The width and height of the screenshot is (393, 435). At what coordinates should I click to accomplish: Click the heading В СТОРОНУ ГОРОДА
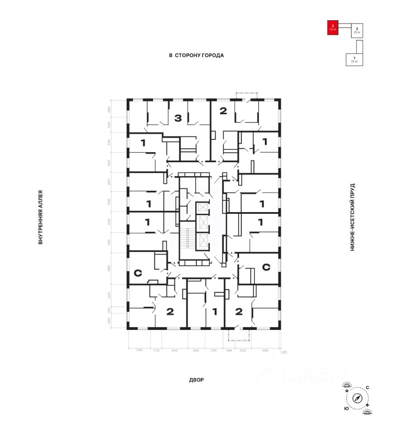click(x=196, y=55)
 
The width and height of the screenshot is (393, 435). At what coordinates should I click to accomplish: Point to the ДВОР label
click(x=196, y=380)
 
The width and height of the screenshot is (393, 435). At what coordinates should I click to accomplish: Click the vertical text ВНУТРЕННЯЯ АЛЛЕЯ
click(x=40, y=217)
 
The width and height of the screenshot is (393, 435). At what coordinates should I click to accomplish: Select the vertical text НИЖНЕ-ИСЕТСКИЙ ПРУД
click(x=352, y=217)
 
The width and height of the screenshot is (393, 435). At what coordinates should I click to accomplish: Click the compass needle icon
click(x=358, y=399)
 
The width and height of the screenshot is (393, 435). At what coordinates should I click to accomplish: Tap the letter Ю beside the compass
click(x=346, y=408)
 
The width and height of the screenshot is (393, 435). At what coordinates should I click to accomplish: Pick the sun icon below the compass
click(x=368, y=411)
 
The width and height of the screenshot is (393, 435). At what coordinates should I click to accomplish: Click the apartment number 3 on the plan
click(x=178, y=119)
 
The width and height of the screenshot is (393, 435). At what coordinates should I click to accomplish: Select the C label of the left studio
click(x=138, y=273)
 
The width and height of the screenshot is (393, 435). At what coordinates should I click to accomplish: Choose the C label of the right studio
click(x=266, y=267)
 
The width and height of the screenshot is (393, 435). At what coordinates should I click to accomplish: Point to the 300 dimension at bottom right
click(x=284, y=352)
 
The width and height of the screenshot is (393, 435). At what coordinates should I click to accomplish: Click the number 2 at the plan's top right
click(x=223, y=111)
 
